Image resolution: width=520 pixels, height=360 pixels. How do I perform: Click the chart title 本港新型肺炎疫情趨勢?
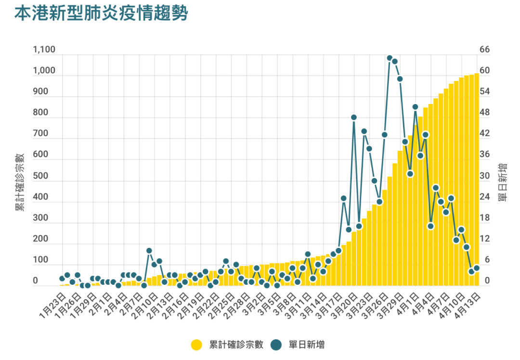point(100,13)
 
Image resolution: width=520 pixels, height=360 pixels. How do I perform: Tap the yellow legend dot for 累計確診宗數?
point(196,345)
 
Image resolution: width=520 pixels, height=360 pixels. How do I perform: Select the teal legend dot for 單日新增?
point(276,345)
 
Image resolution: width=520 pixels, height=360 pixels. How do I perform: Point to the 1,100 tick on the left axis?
point(44,50)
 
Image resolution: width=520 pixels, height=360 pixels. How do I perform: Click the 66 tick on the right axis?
point(484,50)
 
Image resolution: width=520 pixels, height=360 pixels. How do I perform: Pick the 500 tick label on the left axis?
point(40,176)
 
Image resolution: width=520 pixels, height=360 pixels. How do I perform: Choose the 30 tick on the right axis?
point(484,176)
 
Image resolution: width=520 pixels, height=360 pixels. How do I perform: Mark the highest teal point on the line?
point(390,58)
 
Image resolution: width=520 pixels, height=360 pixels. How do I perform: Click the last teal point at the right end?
point(477,268)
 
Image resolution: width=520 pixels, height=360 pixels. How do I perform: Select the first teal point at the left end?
point(62,279)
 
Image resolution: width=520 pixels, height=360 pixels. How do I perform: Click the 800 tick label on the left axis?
point(40,113)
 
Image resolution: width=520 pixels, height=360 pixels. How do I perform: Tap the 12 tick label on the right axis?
point(484,239)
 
